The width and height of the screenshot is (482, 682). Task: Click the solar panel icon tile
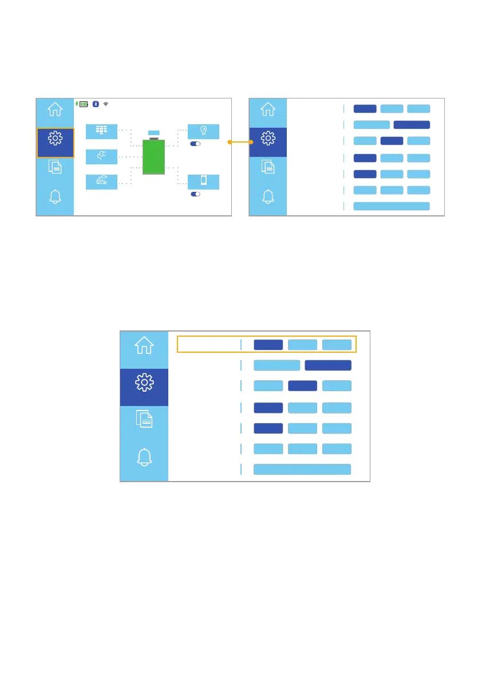click(x=101, y=131)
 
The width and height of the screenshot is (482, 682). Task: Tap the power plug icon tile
click(x=101, y=156)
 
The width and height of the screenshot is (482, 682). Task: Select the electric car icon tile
click(x=101, y=182)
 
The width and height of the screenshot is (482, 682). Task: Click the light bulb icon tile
click(x=203, y=131)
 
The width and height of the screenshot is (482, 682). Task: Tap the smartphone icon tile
click(x=203, y=182)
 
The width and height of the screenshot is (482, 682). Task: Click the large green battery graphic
click(x=153, y=157)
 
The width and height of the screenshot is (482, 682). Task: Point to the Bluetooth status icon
click(x=97, y=104)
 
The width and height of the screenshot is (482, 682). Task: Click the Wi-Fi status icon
click(x=106, y=104)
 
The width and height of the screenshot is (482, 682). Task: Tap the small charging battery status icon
click(x=84, y=104)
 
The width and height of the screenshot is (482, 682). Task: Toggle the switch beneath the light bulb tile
click(x=195, y=144)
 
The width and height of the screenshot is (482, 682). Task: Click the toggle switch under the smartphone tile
click(x=195, y=194)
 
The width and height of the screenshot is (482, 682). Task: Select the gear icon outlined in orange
click(x=55, y=142)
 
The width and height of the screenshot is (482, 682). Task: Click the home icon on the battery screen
click(x=55, y=109)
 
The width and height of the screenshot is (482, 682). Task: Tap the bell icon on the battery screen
click(x=55, y=196)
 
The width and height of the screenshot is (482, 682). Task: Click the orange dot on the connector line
click(x=230, y=142)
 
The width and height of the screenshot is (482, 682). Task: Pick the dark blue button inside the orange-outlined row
click(x=268, y=345)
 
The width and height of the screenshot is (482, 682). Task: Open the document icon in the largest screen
click(x=144, y=420)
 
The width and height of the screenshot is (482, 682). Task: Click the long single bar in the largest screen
click(x=302, y=470)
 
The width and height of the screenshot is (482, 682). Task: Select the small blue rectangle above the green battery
click(x=153, y=133)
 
